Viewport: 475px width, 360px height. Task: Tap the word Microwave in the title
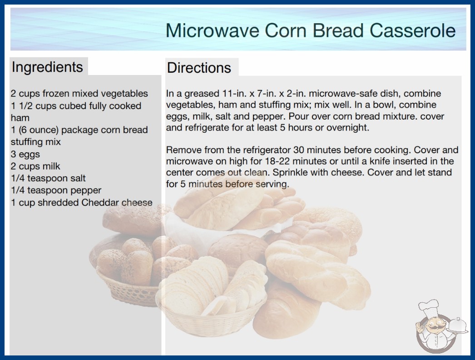(213, 30)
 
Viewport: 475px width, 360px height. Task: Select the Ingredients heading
(47, 67)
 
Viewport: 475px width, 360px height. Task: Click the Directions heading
(199, 68)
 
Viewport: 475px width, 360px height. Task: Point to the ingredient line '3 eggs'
(25, 154)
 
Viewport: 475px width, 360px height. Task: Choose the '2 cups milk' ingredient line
(35, 166)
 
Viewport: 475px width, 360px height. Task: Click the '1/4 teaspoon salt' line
(48, 178)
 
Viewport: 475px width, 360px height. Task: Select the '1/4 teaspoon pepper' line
(56, 190)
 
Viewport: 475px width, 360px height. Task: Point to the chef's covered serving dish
(457, 326)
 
